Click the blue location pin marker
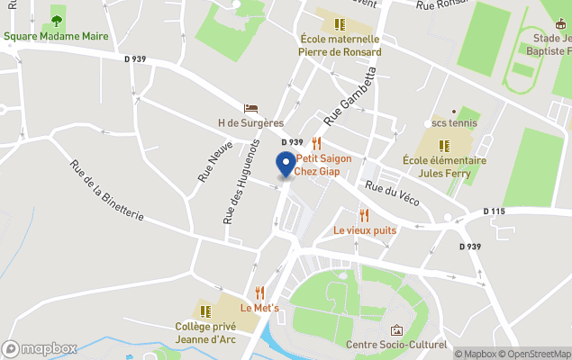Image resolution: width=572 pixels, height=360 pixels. [x=286, y=165]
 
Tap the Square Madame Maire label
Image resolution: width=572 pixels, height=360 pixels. [x=56, y=37]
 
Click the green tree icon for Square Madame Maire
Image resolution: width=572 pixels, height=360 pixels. [x=57, y=21]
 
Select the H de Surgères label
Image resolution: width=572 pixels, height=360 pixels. [x=250, y=122]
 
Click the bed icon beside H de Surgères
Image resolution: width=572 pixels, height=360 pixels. [x=250, y=108]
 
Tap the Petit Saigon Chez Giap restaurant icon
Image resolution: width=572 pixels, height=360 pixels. [x=316, y=142]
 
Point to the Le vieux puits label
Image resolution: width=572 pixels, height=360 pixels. [x=365, y=230]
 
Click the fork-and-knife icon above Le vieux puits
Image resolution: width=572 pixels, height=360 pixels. [x=364, y=215]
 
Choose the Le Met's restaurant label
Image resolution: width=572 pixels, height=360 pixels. [x=259, y=308]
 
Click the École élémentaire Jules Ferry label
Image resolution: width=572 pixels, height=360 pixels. [x=444, y=166]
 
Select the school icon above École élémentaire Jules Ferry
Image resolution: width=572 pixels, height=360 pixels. [x=443, y=145]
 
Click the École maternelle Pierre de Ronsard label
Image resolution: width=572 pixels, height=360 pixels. [x=340, y=45]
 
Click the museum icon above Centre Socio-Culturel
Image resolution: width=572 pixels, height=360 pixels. [x=396, y=330]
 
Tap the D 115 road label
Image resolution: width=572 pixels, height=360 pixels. [x=495, y=211]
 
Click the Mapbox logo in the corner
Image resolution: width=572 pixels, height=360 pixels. [x=40, y=348]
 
